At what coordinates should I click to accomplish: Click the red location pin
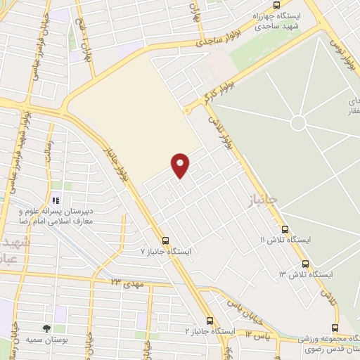(x=181, y=165)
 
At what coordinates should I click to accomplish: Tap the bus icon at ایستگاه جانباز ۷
(x=165, y=240)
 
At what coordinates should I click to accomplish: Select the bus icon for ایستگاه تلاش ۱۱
(x=285, y=229)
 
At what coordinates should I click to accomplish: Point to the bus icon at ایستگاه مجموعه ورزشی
(x=335, y=328)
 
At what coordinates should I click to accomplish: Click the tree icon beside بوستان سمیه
(x=46, y=328)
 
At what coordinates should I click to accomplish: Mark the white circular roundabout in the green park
(x=298, y=123)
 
